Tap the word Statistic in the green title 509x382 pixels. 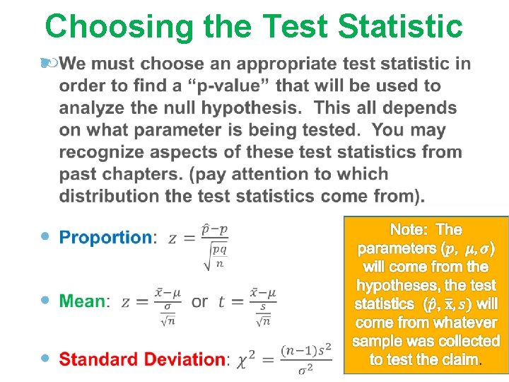[400, 27]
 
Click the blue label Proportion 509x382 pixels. [105, 238]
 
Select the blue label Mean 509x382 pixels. [82, 301]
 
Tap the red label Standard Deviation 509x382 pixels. [141, 359]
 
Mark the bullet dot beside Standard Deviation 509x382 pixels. [46, 358]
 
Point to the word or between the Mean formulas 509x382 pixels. [200, 302]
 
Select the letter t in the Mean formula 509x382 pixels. [221, 302]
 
